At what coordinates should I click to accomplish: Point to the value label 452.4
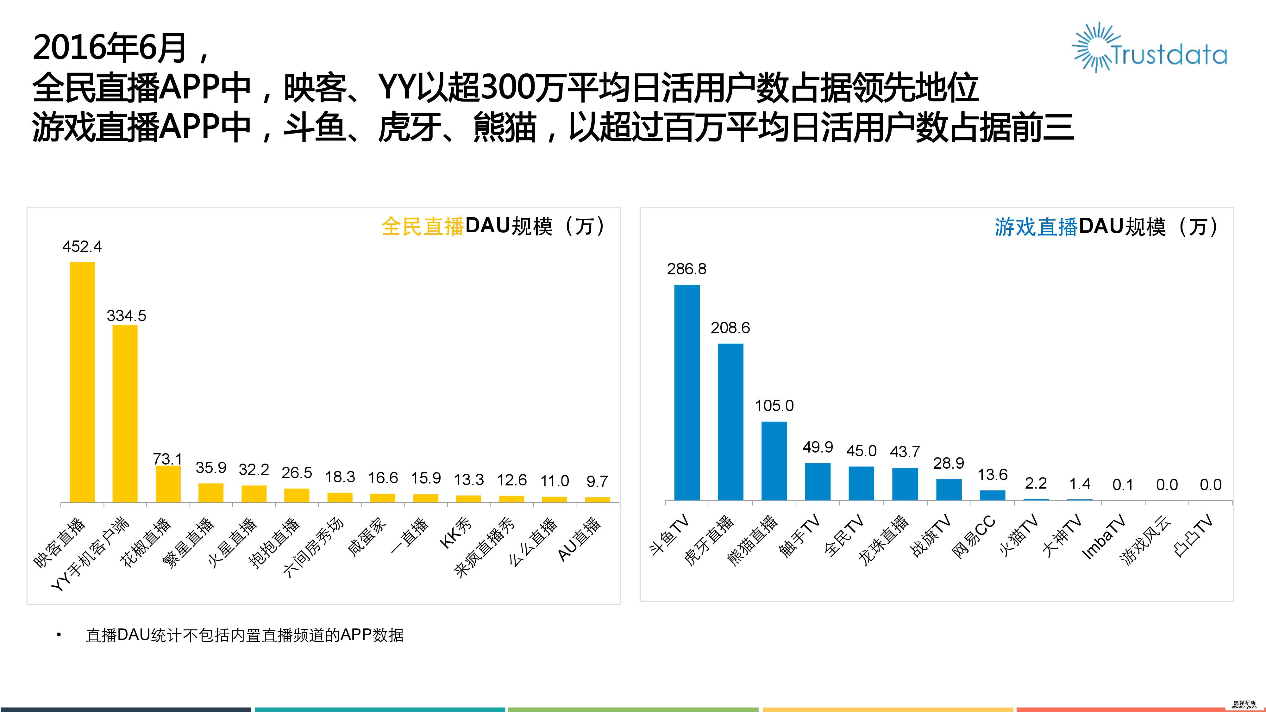[x=82, y=246]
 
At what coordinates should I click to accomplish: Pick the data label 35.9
[x=211, y=467]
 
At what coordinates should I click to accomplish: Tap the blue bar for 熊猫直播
[x=774, y=461]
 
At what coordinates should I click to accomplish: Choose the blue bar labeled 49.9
[x=818, y=482]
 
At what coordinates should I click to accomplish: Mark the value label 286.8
[x=686, y=269]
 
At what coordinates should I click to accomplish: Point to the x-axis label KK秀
[x=455, y=534]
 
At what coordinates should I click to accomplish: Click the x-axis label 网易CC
[x=974, y=537]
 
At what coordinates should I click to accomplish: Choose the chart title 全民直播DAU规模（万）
[x=494, y=227]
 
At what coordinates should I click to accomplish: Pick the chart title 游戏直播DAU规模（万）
[x=1107, y=227]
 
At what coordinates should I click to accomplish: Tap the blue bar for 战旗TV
[x=949, y=490]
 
